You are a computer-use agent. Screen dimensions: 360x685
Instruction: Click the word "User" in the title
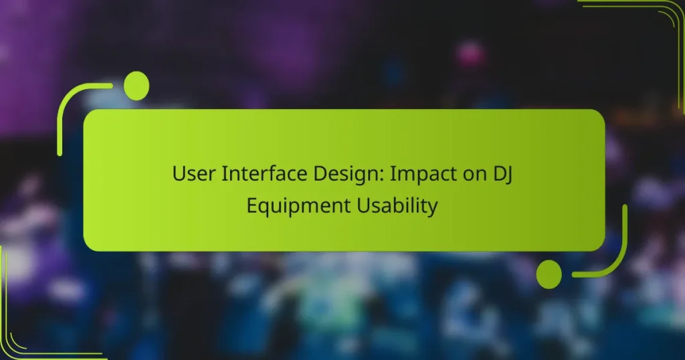[191, 173]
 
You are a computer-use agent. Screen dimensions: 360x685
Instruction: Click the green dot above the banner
[136, 86]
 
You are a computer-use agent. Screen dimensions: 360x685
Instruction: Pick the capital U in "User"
[179, 173]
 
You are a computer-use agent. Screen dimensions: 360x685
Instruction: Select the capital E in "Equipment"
[252, 205]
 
